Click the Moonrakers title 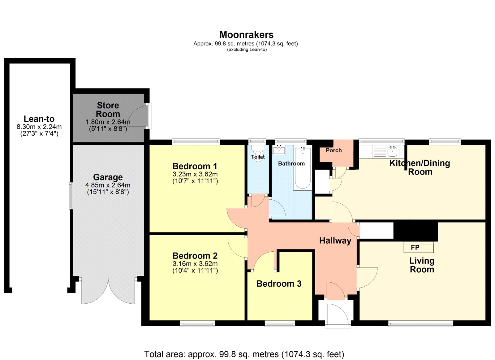[x=246, y=35]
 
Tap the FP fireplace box [x=419, y=247]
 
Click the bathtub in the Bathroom [x=303, y=168]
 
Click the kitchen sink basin [x=393, y=151]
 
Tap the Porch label [x=334, y=150]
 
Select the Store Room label [x=108, y=110]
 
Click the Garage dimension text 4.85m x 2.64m [x=108, y=185]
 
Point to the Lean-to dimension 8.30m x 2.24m [x=39, y=127]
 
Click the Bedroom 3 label [x=279, y=284]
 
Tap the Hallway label [x=335, y=241]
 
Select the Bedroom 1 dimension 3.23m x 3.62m [x=195, y=174]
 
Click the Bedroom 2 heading [x=195, y=256]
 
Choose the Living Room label [x=422, y=265]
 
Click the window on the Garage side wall [x=71, y=196]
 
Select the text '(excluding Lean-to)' [x=247, y=50]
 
